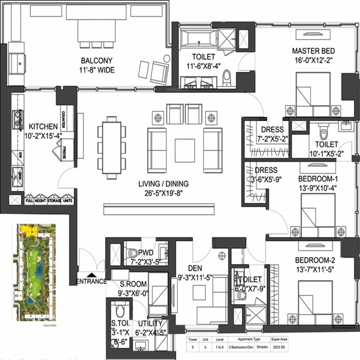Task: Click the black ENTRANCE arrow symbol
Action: (x=92, y=275)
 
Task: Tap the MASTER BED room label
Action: (x=313, y=51)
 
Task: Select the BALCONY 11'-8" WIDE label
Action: (x=96, y=65)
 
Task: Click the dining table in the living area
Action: (x=112, y=147)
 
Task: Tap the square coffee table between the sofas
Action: (x=185, y=150)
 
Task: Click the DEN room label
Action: (x=195, y=268)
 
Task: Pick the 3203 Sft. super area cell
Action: (x=279, y=347)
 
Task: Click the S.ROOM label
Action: (x=134, y=284)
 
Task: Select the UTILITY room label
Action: (x=150, y=323)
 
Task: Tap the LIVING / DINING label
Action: (x=163, y=184)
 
